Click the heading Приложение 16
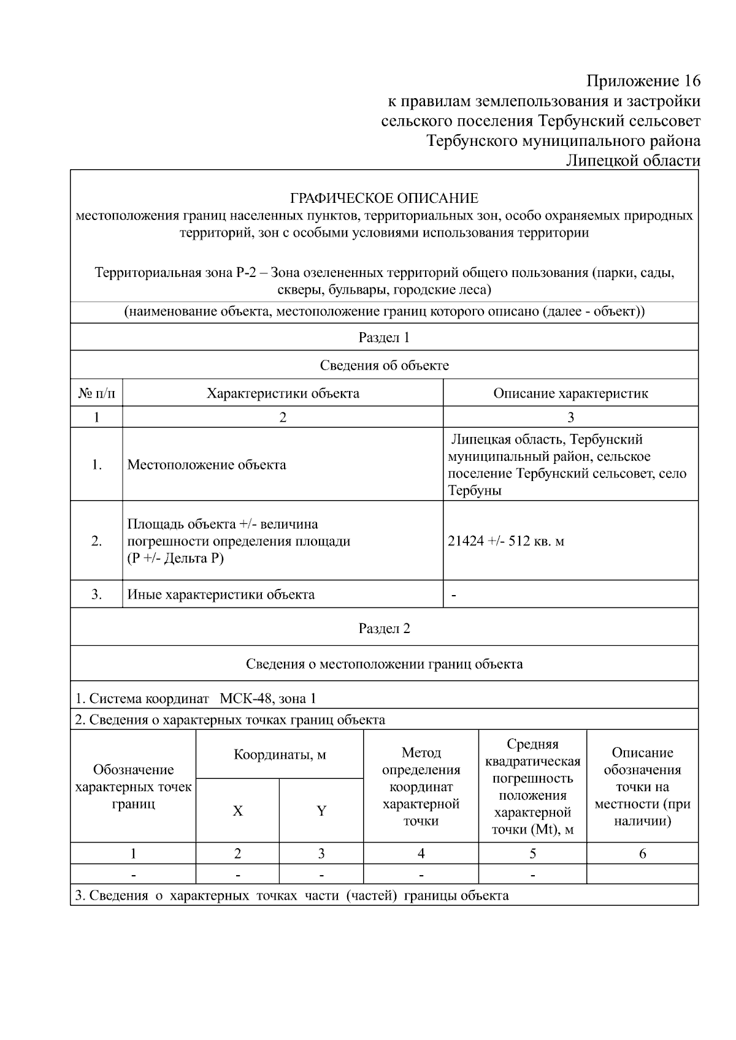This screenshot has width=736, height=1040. (x=643, y=81)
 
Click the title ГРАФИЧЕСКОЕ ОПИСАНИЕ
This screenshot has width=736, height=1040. (x=384, y=199)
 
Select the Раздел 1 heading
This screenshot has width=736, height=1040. (x=384, y=338)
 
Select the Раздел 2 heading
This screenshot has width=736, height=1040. (x=384, y=629)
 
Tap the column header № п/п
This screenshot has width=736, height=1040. (x=96, y=393)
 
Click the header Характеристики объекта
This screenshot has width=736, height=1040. (x=283, y=393)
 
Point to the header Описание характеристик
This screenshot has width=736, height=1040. (x=570, y=393)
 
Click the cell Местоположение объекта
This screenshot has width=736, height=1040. (x=207, y=465)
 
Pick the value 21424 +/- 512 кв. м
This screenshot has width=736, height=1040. (x=506, y=541)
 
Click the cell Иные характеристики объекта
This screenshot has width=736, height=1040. (x=221, y=594)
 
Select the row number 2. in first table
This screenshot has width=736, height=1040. (x=96, y=541)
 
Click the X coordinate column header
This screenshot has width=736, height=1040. (x=237, y=811)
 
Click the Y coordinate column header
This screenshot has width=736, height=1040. (x=321, y=811)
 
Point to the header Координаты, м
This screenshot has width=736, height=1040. (x=280, y=755)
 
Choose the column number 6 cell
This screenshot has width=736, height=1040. (x=642, y=854)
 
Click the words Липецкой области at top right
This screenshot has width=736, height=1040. (x=632, y=161)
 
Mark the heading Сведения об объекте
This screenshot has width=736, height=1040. (x=384, y=366)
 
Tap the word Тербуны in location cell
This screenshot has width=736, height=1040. (x=474, y=491)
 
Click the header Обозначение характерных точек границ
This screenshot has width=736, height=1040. (x=133, y=787)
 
